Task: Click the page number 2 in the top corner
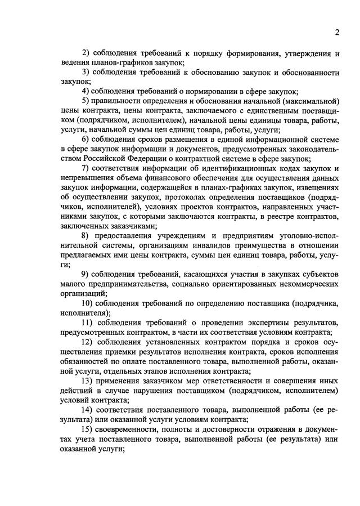[x=336, y=32]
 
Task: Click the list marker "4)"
[x=85, y=91]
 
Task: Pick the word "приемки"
[x=116, y=351]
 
